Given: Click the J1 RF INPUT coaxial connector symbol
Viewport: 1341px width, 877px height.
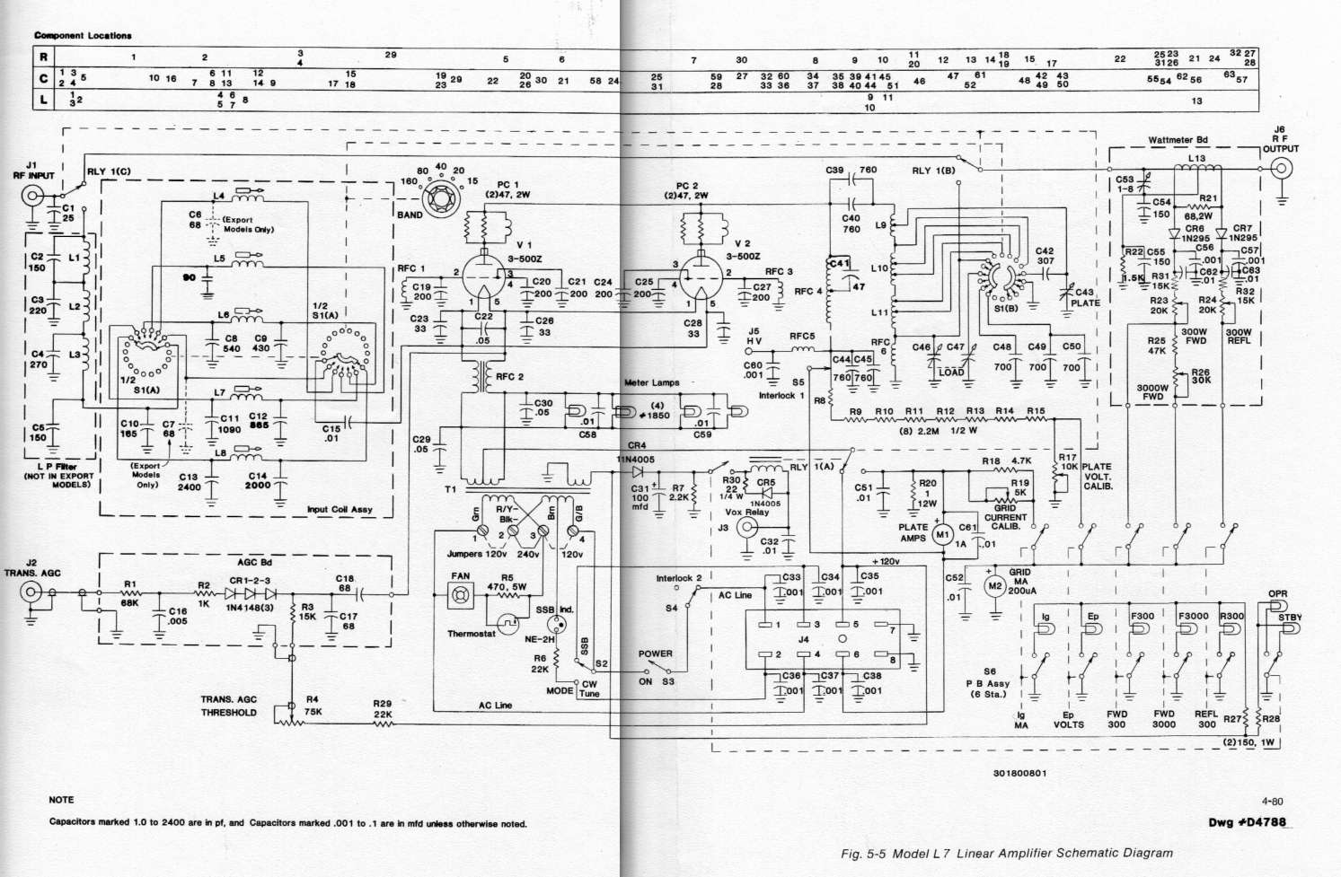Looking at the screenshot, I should coord(30,190).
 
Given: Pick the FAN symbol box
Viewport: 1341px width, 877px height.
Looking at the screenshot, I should coord(460,594).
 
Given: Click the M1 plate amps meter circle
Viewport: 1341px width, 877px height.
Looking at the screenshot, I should coord(942,536).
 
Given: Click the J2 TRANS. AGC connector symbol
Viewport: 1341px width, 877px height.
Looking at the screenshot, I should coord(30,592).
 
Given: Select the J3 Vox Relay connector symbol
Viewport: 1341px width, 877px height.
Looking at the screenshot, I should coord(745,528).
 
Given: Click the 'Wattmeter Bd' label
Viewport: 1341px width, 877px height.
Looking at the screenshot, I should coord(1178,141).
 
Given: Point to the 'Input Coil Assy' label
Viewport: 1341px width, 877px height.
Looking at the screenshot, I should coord(339,510).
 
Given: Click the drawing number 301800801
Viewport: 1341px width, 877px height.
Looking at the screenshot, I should coord(1019,773).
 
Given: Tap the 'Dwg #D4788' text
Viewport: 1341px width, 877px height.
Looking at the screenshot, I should coord(1253,821).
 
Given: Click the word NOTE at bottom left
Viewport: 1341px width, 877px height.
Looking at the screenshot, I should coord(61,800).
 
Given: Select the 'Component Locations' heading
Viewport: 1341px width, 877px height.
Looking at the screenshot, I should coord(83,36).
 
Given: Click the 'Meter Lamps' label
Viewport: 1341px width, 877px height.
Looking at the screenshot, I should coord(651,383).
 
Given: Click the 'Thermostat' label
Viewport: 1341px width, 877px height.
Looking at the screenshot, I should coord(472,634).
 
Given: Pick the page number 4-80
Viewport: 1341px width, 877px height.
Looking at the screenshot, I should coord(1272,802).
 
